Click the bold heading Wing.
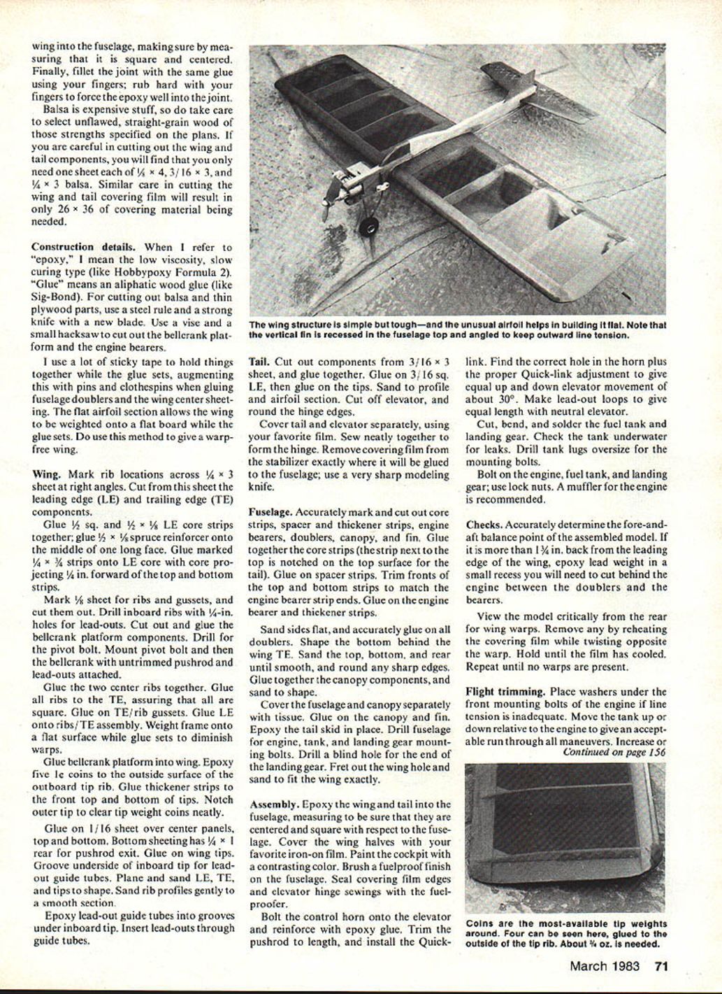click(45, 474)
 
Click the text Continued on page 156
click(614, 752)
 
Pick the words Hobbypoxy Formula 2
click(184, 271)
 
